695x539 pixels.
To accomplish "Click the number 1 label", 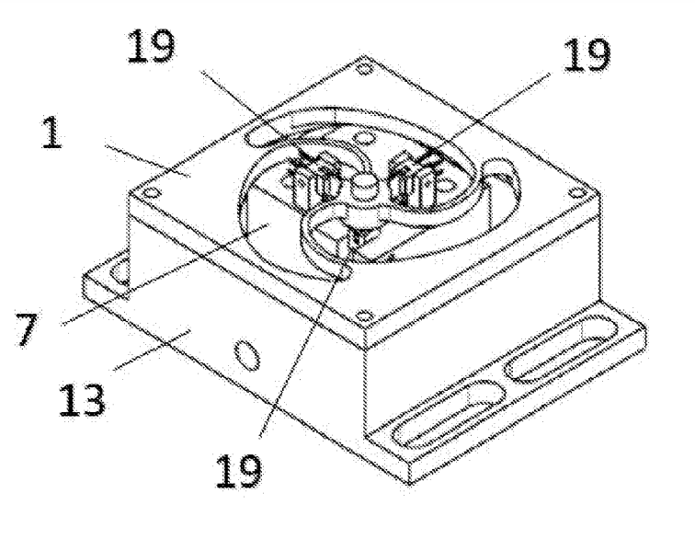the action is (x=51, y=132).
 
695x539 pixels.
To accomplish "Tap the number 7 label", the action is (x=27, y=329).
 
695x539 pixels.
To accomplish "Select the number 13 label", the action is (x=82, y=400).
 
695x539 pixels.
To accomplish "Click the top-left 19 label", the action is (x=151, y=46).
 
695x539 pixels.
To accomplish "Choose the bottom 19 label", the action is (x=238, y=471).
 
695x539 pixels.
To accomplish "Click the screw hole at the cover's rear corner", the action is (x=364, y=69).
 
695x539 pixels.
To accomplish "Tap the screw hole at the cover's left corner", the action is (x=152, y=193).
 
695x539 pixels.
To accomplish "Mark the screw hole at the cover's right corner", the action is (x=576, y=193).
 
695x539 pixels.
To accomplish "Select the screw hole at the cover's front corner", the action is (x=364, y=316).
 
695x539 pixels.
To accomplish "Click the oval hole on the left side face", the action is (x=247, y=354).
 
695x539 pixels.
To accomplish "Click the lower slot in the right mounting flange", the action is (x=450, y=414).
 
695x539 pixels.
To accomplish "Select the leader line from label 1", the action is (x=148, y=161).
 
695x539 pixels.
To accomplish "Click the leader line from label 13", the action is (x=152, y=350).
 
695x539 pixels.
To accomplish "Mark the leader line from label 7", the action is (x=165, y=275).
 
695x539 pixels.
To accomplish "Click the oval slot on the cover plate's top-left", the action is (x=264, y=135).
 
